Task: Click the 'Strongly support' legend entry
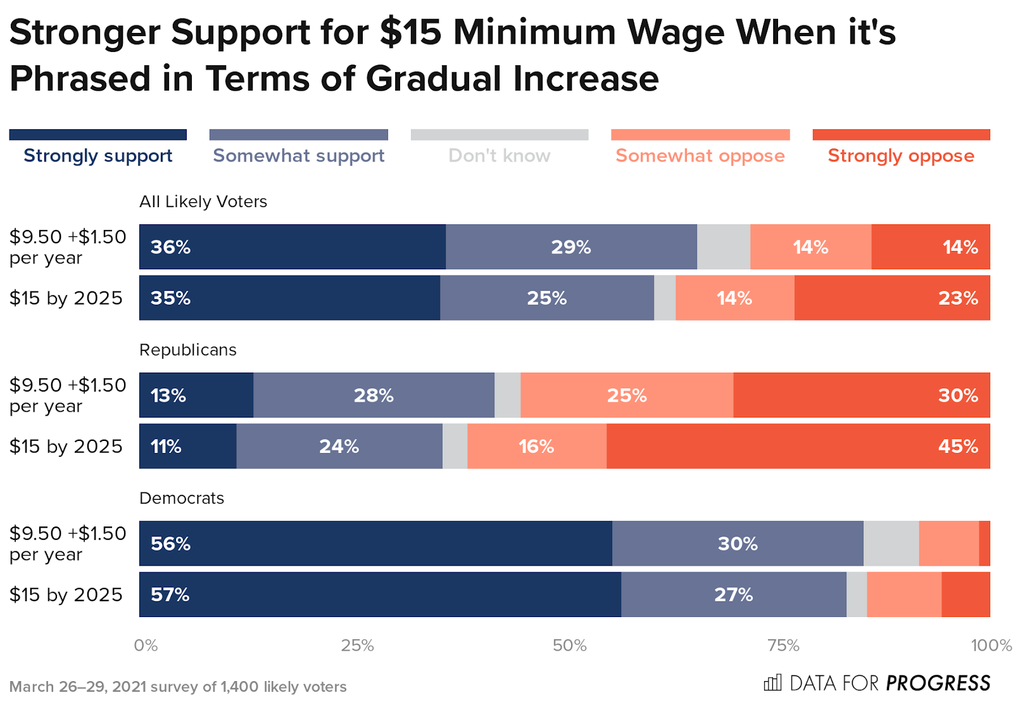click(x=98, y=155)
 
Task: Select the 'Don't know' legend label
click(x=499, y=155)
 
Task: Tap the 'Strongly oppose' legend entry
click(x=900, y=155)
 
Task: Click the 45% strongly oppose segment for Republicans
click(x=798, y=446)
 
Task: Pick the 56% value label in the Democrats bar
click(x=170, y=544)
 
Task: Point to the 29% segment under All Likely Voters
click(x=570, y=246)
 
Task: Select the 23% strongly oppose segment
click(x=891, y=298)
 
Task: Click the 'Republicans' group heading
click(x=187, y=350)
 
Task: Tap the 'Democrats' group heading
click(x=181, y=498)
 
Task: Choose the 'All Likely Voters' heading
click(x=203, y=201)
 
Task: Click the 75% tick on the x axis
click(x=783, y=645)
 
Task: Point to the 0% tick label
click(x=146, y=645)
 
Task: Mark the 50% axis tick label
click(x=569, y=645)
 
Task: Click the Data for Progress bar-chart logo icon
click(x=772, y=682)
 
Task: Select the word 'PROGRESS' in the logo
click(x=938, y=683)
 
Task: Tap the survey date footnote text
click(x=178, y=687)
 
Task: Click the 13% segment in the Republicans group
click(x=196, y=395)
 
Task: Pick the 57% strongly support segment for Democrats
click(x=380, y=594)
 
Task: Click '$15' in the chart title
click(x=410, y=32)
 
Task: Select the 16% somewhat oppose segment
click(x=536, y=446)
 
